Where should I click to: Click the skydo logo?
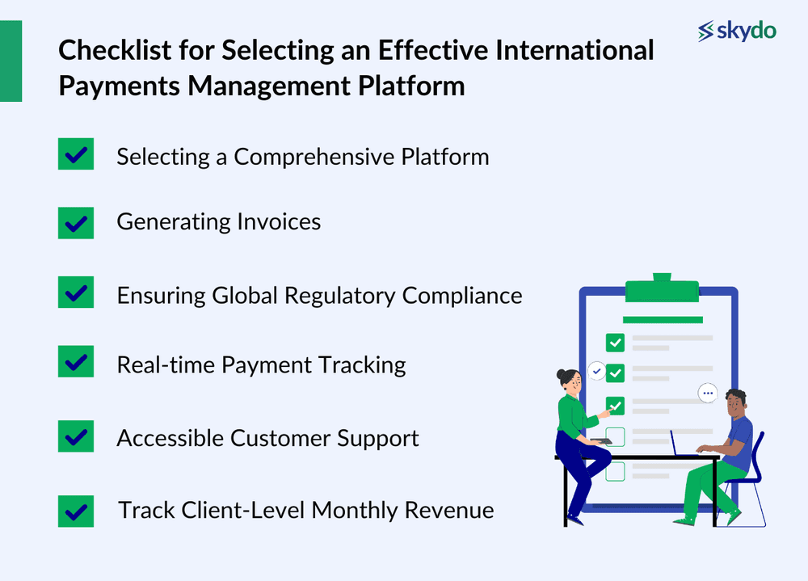[x=737, y=31]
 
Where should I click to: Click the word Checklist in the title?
[x=115, y=51]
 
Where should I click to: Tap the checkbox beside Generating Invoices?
[x=76, y=223]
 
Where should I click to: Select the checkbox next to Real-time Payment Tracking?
[x=76, y=361]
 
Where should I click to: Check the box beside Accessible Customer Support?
[x=76, y=436]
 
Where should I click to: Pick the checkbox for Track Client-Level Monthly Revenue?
[x=76, y=511]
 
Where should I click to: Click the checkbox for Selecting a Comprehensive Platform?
[x=76, y=154]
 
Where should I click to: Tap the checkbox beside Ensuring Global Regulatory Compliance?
[x=76, y=292]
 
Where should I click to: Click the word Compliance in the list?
[x=462, y=297]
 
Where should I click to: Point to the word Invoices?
[x=279, y=221]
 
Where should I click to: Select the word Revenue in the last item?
[x=449, y=511]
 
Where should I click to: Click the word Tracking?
[x=362, y=365]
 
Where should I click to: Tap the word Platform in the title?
[x=411, y=86]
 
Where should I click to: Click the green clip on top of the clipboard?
[x=663, y=288]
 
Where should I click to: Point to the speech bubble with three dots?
[x=708, y=394]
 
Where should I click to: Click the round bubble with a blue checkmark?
[x=597, y=371]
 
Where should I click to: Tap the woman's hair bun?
[x=561, y=375]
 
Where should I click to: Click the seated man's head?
[x=735, y=404]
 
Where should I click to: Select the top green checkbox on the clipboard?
[x=615, y=343]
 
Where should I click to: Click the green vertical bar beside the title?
[x=11, y=61]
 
